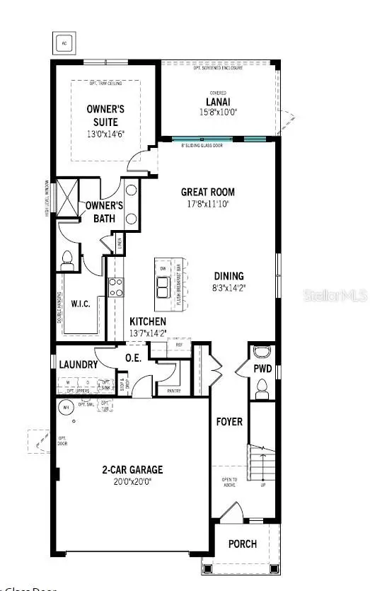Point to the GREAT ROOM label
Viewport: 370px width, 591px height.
(x=207, y=192)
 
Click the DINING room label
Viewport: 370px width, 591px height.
(x=229, y=276)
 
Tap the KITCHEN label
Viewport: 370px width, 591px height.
(x=148, y=321)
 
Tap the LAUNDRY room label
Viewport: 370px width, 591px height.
(x=77, y=364)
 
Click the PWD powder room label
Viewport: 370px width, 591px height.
(x=263, y=369)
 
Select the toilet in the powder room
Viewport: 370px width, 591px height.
(x=262, y=386)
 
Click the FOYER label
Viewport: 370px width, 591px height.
(x=229, y=422)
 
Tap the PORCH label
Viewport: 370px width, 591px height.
(x=241, y=544)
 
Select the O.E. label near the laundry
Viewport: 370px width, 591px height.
(x=134, y=358)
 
